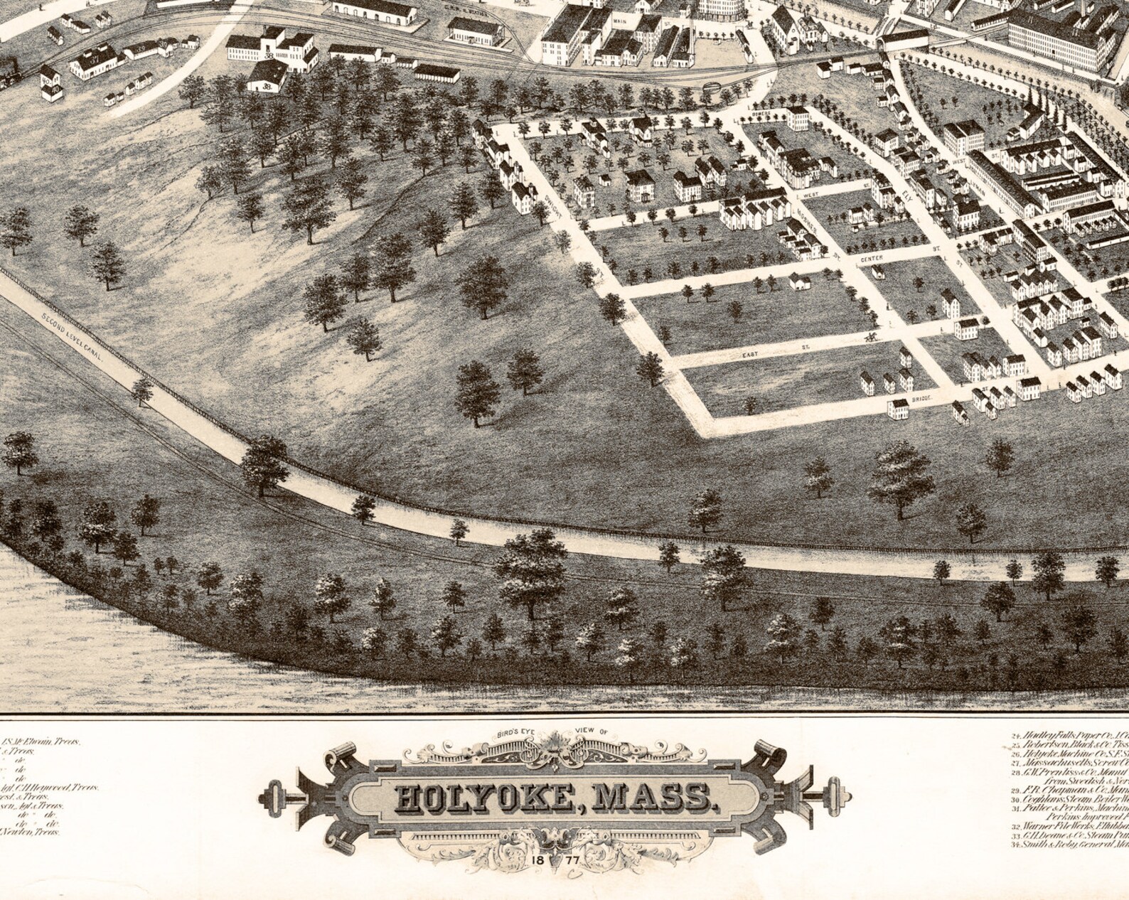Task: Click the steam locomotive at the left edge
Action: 9,72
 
